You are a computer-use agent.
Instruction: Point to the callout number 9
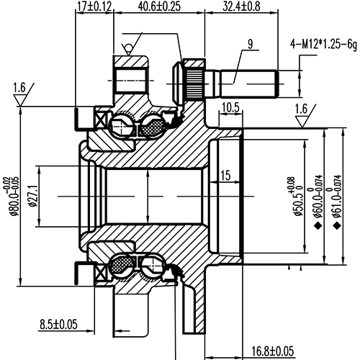[250, 45]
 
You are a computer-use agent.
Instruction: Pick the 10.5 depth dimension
[230, 107]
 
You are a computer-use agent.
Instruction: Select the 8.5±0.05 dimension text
[58, 324]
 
